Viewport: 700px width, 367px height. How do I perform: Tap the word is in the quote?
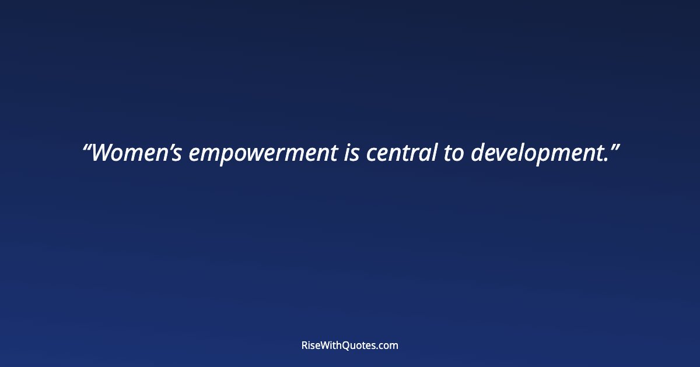[351, 153]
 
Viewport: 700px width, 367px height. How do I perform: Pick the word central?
[401, 153]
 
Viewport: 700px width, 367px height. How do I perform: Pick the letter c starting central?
[371, 155]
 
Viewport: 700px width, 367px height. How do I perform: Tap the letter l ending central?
[434, 153]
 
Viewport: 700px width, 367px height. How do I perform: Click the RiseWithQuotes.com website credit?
[350, 345]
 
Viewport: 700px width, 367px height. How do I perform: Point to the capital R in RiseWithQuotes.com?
[304, 345]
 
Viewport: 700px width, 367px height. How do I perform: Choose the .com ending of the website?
[388, 345]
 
